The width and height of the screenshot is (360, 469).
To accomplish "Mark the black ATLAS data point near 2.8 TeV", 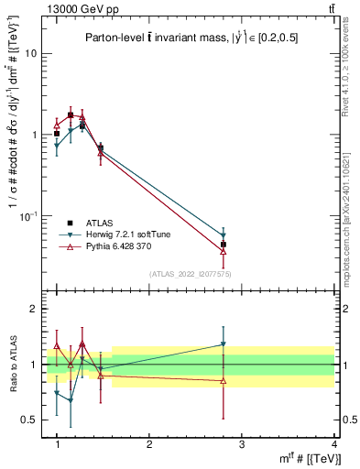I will (x=224, y=245).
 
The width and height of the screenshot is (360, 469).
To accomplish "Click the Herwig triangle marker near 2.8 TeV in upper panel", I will (x=224, y=235).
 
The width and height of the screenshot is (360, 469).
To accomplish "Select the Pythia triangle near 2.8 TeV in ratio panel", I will (x=224, y=381).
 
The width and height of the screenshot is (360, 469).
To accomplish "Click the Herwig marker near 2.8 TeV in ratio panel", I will (x=224, y=344).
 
